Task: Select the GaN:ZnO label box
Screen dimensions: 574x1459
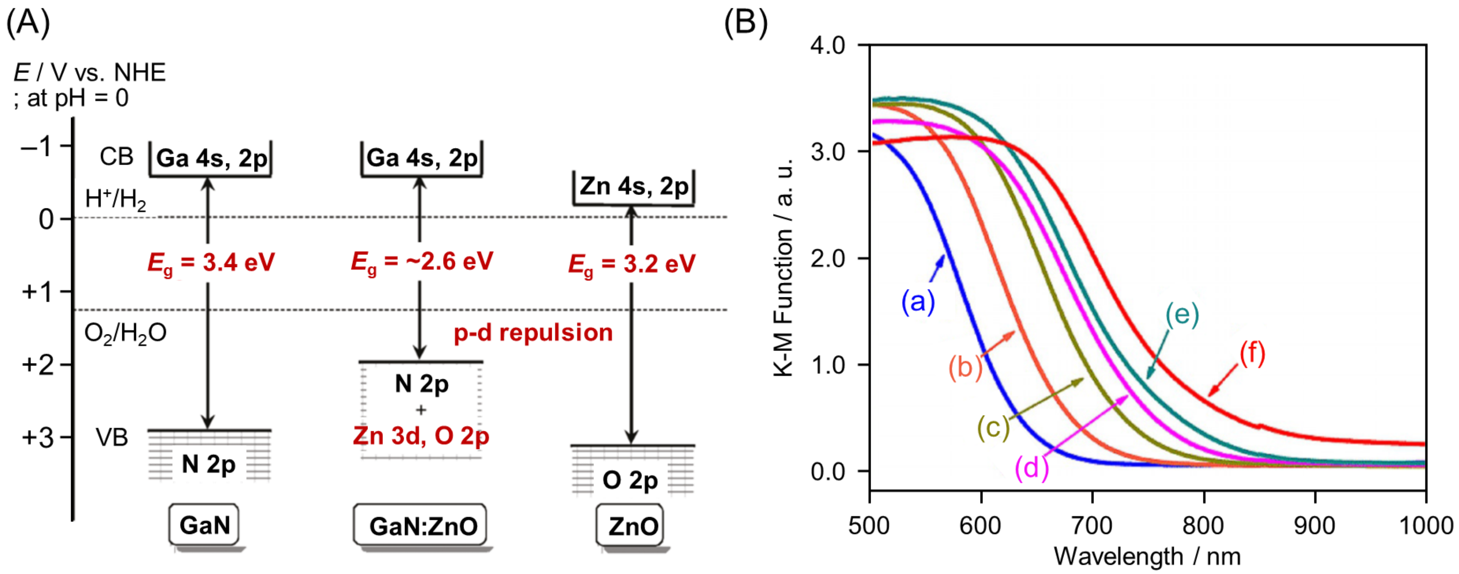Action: point(420,526)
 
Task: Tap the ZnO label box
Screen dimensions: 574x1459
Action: point(630,526)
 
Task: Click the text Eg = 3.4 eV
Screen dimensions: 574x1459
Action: point(211,263)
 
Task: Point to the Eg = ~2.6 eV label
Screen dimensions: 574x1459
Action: point(422,262)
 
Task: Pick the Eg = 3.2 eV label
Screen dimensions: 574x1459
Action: point(632,264)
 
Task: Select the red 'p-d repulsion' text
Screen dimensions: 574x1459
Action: point(533,333)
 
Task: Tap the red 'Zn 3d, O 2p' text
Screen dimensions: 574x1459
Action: point(421,436)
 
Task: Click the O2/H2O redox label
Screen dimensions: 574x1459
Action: point(125,333)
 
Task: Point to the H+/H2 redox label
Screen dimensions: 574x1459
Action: point(116,200)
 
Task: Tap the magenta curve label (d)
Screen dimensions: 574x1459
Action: point(1032,468)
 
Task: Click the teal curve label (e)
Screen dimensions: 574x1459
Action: point(1182,314)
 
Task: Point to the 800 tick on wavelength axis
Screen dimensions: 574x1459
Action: point(1203,526)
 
